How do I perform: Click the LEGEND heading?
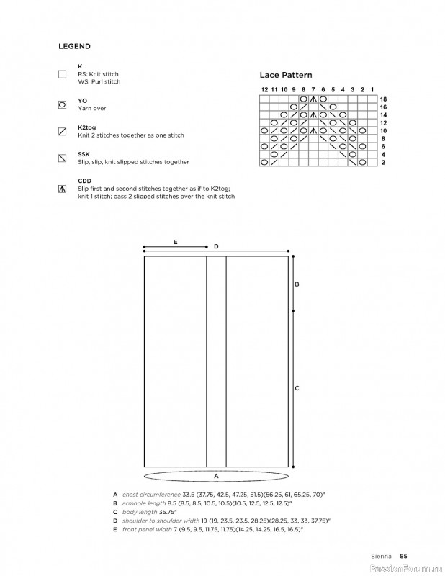(74, 46)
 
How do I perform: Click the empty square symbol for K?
(62, 73)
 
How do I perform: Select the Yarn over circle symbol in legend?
(62, 104)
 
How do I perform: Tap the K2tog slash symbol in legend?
(62, 132)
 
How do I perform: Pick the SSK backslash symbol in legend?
(62, 158)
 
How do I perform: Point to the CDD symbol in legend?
(62, 189)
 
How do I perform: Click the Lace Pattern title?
(286, 74)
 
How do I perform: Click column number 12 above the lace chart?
(264, 89)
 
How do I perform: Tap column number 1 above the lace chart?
(372, 89)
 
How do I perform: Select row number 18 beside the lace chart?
(383, 99)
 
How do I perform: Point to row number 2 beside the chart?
(382, 163)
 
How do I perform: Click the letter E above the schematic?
(175, 243)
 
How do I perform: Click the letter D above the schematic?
(216, 247)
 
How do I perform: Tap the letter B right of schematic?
(297, 284)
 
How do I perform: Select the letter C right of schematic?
(297, 388)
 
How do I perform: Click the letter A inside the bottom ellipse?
(215, 477)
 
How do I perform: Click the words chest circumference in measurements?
(153, 495)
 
